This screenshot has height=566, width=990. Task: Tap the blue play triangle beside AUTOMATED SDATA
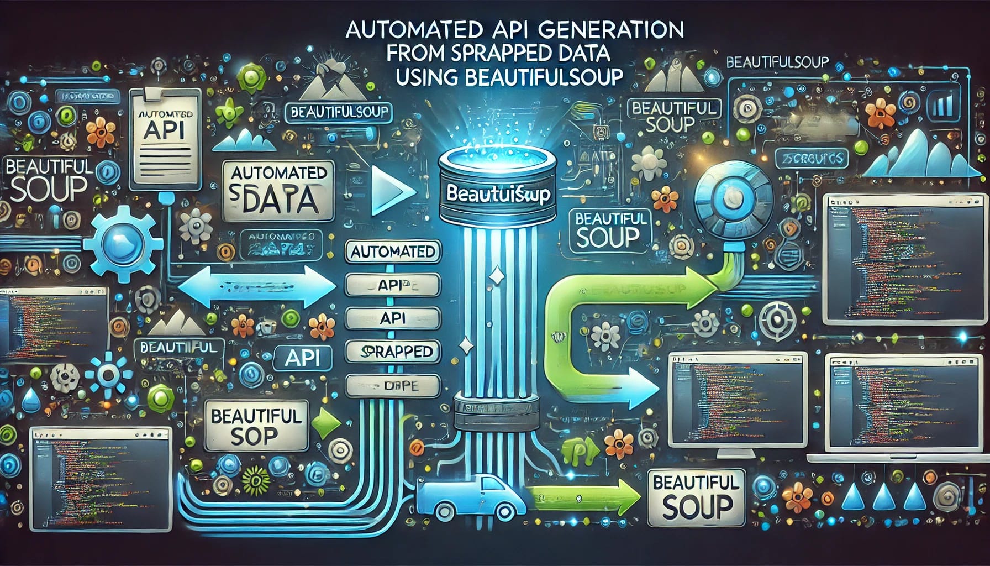(390, 191)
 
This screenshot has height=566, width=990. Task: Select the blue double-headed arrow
(257, 286)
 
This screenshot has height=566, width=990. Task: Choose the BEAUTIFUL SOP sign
(255, 426)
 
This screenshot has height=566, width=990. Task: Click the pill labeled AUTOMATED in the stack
(393, 252)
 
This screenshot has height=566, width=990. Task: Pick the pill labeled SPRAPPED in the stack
(393, 352)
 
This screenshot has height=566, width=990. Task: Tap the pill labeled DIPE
(393, 385)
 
